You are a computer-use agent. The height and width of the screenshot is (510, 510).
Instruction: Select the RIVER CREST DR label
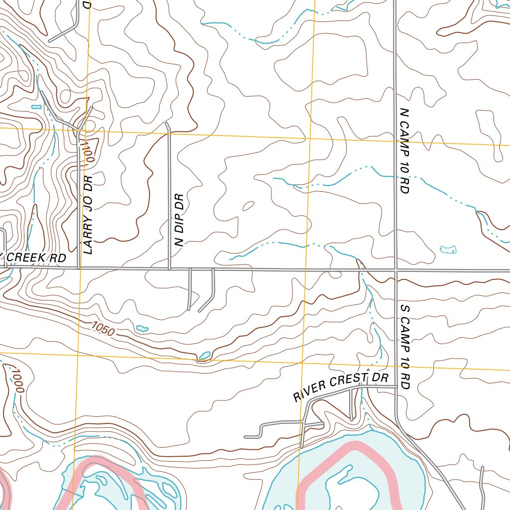(340, 387)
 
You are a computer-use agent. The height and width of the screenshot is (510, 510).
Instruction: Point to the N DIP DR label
(179, 220)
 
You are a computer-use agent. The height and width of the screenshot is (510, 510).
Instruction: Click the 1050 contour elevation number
(103, 329)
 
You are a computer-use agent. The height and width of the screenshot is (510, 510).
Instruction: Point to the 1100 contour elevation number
(89, 151)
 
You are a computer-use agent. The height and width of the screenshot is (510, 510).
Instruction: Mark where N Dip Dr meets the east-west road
(169, 269)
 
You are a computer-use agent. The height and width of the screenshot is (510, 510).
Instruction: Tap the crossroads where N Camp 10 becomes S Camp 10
(396, 270)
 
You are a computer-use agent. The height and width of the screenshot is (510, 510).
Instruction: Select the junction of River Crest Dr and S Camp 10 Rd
(396, 386)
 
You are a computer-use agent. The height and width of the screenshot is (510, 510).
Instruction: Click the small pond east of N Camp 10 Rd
(448, 249)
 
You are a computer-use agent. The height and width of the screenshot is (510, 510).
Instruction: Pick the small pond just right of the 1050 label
(142, 328)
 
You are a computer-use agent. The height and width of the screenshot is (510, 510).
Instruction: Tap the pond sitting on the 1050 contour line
(204, 356)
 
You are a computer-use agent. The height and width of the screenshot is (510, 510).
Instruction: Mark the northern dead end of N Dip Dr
(167, 123)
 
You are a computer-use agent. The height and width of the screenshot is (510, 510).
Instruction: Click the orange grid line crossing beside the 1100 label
(85, 131)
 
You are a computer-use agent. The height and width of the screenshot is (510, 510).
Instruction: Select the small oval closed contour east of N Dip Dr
(248, 206)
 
